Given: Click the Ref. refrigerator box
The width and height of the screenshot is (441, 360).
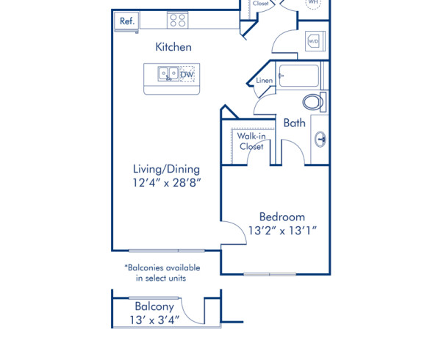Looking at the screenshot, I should pyautogui.click(x=128, y=21).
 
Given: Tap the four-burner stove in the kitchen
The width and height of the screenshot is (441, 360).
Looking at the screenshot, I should pyautogui.click(x=177, y=21).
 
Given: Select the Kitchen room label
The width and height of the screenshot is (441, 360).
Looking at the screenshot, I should pyautogui.click(x=173, y=47).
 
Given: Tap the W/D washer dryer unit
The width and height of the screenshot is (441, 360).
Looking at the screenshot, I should pyautogui.click(x=313, y=41).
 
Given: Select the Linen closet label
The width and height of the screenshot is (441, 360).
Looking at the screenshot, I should pyautogui.click(x=265, y=81).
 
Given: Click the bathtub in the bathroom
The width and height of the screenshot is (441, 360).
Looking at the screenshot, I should pyautogui.click(x=297, y=76).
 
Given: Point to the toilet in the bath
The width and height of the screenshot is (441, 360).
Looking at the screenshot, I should pyautogui.click(x=313, y=102).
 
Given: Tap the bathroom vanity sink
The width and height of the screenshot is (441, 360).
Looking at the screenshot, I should pyautogui.click(x=320, y=137).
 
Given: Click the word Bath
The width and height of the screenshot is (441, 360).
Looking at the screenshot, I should pyautogui.click(x=295, y=123).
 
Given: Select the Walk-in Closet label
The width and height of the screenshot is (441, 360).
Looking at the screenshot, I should pyautogui.click(x=251, y=141).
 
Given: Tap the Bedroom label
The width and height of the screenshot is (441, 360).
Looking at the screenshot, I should pyautogui.click(x=282, y=217).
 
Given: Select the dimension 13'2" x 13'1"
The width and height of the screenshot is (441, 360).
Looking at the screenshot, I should pyautogui.click(x=282, y=231).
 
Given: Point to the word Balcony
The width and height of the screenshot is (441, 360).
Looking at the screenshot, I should pyautogui.click(x=154, y=306).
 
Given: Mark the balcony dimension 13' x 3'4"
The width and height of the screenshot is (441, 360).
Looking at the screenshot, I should pyautogui.click(x=154, y=320).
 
